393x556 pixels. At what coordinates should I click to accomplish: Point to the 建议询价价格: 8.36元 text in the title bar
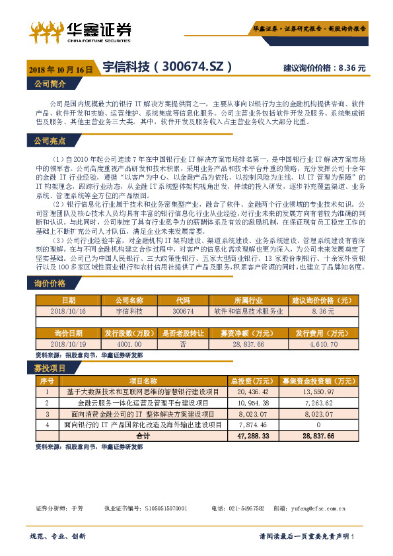click(324, 68)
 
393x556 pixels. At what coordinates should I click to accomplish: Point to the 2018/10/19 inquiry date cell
click(68, 345)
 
